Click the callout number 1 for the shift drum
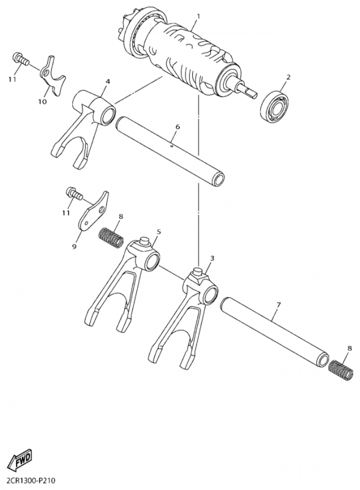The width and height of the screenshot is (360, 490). pos(198,16)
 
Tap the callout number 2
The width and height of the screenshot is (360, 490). pos(288,77)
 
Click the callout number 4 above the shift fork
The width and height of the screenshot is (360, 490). pos(108,81)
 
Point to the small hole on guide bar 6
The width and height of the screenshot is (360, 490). pos(171,145)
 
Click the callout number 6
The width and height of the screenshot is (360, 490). pos(178,127)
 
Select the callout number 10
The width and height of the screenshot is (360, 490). pos(42,102)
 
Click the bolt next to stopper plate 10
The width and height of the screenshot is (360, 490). pos(20,59)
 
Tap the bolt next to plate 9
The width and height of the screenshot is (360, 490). pos(74,194)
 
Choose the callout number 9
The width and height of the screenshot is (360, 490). pos(73,247)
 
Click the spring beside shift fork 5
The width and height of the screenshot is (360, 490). pos(111,238)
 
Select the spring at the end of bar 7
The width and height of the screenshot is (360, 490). pos(342,371)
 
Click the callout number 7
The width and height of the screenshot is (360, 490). pos(279,304)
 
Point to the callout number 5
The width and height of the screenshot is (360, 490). pos(159,232)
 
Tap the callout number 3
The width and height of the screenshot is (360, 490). pos(212,258)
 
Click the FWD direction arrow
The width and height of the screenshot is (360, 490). pos(20,462)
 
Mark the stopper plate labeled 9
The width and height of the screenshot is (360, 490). pos(93,210)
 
